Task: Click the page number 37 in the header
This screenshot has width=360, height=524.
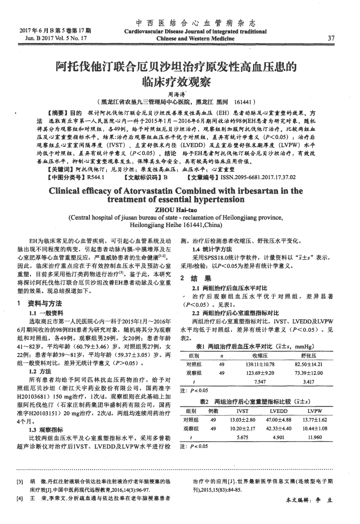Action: point(331,38)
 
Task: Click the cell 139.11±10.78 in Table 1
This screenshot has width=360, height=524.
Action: point(260,365)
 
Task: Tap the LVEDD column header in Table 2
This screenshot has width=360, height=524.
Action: point(279,411)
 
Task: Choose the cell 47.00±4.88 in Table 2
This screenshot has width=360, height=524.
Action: point(279,420)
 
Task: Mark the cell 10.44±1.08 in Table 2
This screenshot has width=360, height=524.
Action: point(315,428)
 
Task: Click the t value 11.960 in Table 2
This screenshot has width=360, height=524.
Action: point(315,437)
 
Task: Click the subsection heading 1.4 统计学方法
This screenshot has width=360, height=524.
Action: point(212,249)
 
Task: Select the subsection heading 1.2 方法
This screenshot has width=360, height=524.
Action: point(40,371)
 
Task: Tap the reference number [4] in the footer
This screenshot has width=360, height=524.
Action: point(20,498)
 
